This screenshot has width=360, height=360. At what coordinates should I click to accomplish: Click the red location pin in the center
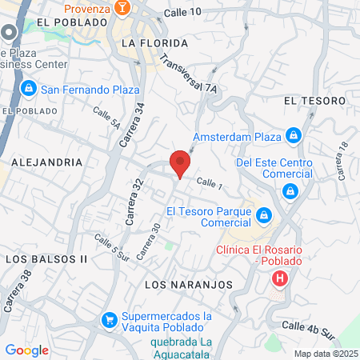(181, 163)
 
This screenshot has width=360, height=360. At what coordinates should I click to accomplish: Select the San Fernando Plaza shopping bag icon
(27, 87)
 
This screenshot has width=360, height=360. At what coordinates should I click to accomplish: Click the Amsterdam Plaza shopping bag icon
(294, 137)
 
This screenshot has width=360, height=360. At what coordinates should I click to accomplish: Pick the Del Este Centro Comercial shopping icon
(290, 190)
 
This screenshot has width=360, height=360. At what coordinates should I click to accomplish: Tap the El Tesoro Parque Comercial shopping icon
(264, 215)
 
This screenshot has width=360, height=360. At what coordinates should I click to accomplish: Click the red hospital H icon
(279, 279)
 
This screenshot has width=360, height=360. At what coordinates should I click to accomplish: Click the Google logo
(26, 350)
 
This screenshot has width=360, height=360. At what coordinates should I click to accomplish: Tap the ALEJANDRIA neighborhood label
(47, 162)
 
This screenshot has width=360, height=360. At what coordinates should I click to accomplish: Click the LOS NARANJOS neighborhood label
(189, 285)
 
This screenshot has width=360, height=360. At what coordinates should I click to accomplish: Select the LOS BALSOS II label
(46, 260)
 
